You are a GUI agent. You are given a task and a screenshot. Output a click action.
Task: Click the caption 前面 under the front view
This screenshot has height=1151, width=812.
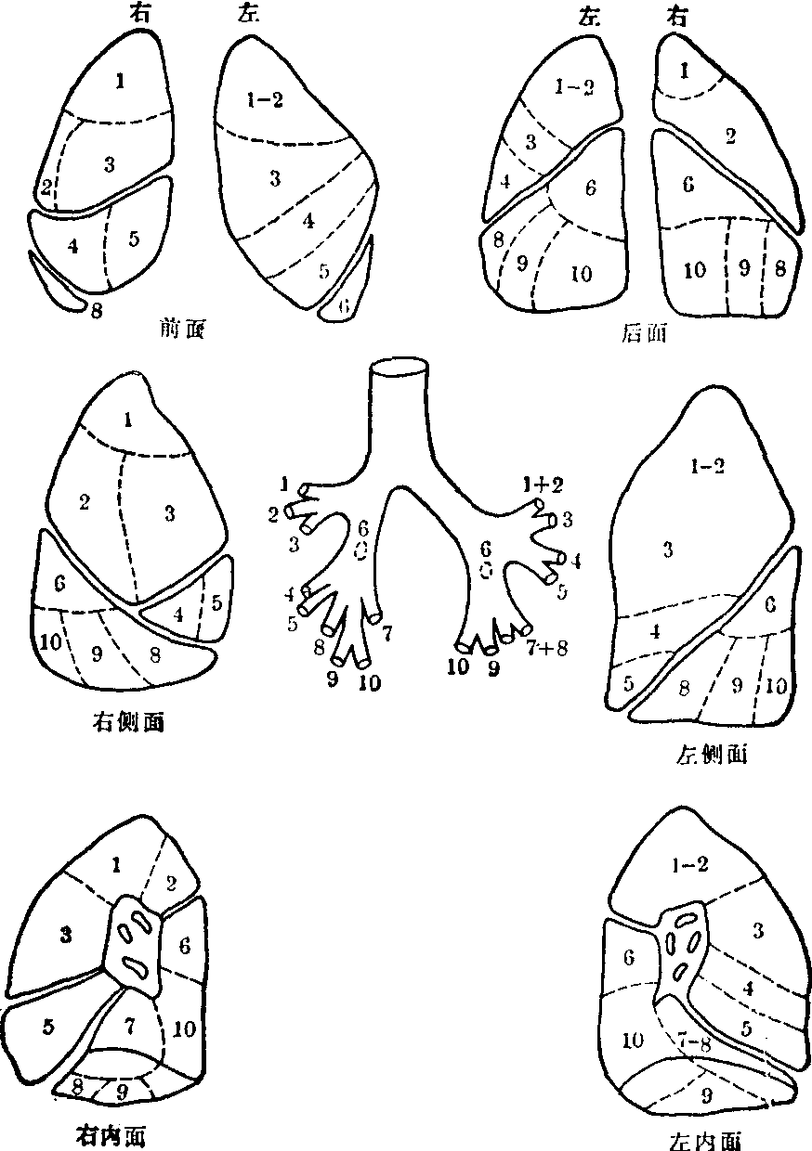click(x=183, y=327)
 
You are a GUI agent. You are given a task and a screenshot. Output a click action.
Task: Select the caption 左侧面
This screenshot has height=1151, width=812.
click(x=713, y=755)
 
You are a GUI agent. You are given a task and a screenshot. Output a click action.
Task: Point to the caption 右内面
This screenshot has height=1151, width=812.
click(x=110, y=1134)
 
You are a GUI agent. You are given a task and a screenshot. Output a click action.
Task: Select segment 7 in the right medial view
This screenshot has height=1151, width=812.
click(x=131, y=1025)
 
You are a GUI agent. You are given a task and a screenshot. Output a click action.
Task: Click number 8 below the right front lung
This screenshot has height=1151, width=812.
click(x=96, y=312)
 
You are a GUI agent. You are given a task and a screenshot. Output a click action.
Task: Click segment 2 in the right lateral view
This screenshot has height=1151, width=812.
click(x=85, y=503)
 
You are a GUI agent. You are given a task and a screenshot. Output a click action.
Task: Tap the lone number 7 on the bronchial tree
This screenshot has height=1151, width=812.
click(x=387, y=632)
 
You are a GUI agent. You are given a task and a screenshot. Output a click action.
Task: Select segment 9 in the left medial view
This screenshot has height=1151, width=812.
click(x=707, y=1095)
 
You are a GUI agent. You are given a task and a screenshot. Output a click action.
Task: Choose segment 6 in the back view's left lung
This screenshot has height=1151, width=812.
click(x=589, y=188)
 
